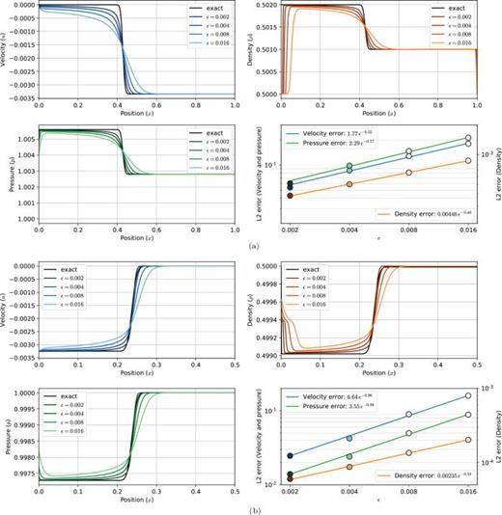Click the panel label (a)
tap(251, 246)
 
